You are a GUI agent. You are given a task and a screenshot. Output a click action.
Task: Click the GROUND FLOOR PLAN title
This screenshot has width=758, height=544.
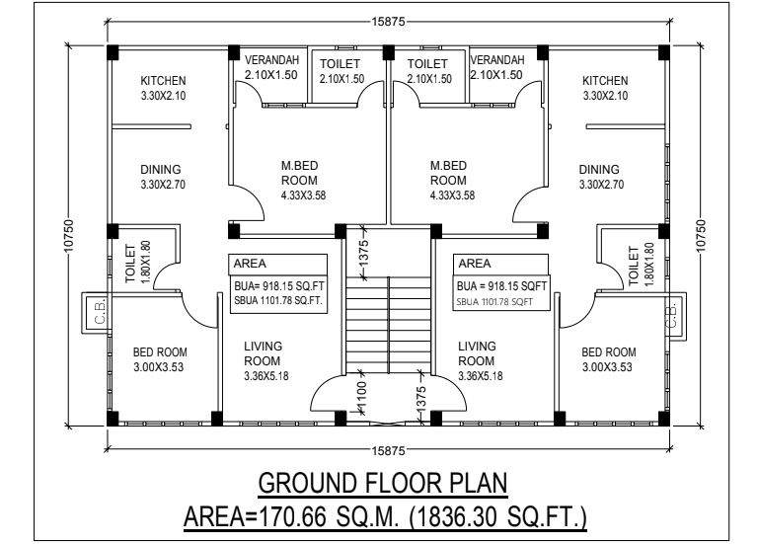point(382,483)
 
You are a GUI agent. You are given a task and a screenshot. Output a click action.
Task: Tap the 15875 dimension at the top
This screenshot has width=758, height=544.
point(388,22)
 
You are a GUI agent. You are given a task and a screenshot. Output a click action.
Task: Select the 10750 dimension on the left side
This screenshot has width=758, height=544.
point(68,236)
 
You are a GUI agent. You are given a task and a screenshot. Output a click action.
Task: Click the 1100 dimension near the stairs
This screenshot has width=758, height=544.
point(361,395)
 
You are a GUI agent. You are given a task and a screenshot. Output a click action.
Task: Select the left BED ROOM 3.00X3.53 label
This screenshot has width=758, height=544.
point(160,359)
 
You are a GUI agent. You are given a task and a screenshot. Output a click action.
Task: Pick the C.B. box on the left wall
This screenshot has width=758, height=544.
point(96,312)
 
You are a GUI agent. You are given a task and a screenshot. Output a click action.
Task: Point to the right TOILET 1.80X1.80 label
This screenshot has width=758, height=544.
point(641,265)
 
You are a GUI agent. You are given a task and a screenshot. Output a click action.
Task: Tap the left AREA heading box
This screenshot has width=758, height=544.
point(278,264)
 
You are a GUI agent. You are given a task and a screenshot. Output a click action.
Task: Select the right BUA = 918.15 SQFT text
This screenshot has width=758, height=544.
point(501,286)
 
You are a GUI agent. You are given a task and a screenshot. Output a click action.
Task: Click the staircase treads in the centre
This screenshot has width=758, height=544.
point(388,325)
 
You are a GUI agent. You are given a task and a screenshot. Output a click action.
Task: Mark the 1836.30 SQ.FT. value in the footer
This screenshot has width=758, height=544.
point(497,516)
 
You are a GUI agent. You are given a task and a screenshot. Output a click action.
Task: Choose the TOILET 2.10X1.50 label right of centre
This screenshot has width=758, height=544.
point(428,71)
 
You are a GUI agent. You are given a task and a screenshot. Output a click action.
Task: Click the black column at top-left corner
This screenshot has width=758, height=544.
point(113,51)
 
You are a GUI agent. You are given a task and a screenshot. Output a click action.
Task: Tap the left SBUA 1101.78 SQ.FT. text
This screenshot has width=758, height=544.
point(278,300)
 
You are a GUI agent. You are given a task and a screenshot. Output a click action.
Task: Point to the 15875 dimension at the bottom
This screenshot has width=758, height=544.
point(388,450)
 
